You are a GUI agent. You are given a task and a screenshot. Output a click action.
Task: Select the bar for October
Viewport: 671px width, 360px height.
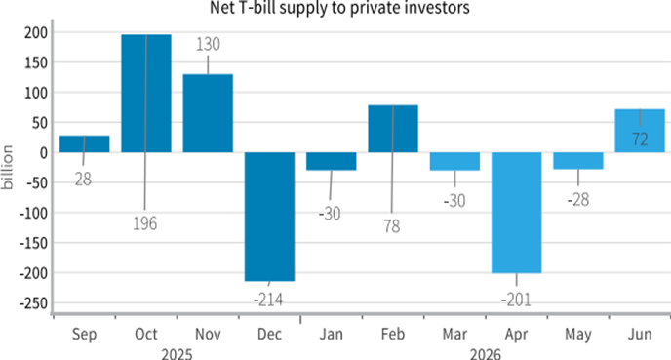pos(146,93)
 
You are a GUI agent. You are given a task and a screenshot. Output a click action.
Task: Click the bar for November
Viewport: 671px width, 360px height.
pos(208,113)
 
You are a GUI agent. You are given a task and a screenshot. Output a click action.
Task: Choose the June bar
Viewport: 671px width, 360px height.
pos(640,131)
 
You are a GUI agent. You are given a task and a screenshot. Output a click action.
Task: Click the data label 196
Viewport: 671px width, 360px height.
pos(144,223)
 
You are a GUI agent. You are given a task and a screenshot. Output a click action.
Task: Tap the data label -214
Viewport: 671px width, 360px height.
pos(269,298)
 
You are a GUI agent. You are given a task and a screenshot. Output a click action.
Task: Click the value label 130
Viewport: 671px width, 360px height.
pos(208,44)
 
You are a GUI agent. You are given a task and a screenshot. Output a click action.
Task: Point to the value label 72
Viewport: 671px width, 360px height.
pos(640,140)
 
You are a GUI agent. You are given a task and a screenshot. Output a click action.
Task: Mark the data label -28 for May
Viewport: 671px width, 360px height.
pos(578,199)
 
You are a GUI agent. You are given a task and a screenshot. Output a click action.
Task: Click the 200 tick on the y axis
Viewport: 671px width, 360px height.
pos(33,32)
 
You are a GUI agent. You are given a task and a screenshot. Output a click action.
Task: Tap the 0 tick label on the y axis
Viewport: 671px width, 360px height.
pos(42,152)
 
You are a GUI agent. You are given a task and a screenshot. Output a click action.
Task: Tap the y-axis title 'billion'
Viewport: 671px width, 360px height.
pos(8,168)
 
